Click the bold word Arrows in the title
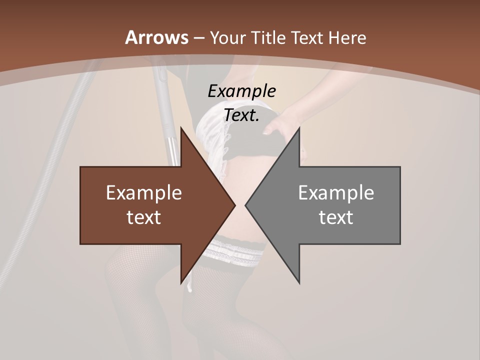[x=156, y=37]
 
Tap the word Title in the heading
[x=268, y=37]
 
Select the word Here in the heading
[x=347, y=37]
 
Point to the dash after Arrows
[x=199, y=38]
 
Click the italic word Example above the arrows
[x=241, y=91]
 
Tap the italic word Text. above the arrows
[x=241, y=115]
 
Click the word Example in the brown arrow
[x=144, y=192]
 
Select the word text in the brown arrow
[x=144, y=217]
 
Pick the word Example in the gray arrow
[x=336, y=192]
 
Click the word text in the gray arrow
[x=336, y=217]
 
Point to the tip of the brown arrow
[x=235, y=205]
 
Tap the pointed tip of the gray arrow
[x=245, y=205]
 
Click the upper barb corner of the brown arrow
[x=181, y=127]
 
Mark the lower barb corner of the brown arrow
[x=181, y=283]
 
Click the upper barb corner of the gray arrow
[x=299, y=127]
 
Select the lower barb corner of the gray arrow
[x=299, y=283]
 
